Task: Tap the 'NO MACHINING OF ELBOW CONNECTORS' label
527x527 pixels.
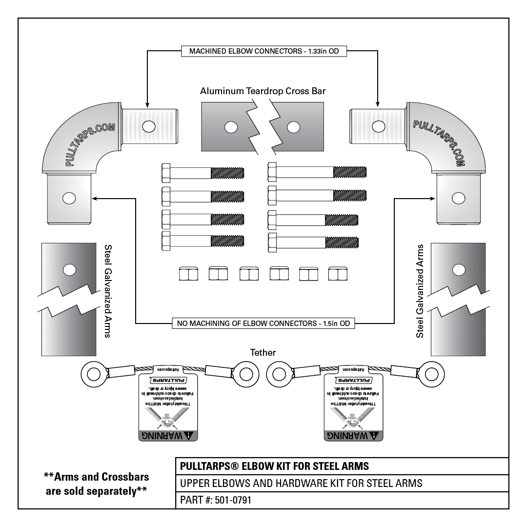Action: pyautogui.click(x=263, y=323)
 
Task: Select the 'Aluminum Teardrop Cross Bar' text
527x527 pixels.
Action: pyautogui.click(x=263, y=91)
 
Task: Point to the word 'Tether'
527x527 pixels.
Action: pyautogui.click(x=263, y=352)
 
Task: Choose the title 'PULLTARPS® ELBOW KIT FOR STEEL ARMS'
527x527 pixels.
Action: pyautogui.click(x=275, y=466)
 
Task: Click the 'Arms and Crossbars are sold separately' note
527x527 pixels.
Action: pyautogui.click(x=96, y=483)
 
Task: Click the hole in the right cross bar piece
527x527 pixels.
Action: pyautogui.click(x=293, y=128)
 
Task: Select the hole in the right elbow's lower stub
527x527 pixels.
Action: pyautogui.click(x=457, y=198)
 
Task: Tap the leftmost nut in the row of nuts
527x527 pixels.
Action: pyautogui.click(x=186, y=274)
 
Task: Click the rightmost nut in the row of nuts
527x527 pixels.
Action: pyautogui.click(x=338, y=274)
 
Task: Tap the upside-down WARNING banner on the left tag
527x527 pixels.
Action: pyautogui.click(x=168, y=435)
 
